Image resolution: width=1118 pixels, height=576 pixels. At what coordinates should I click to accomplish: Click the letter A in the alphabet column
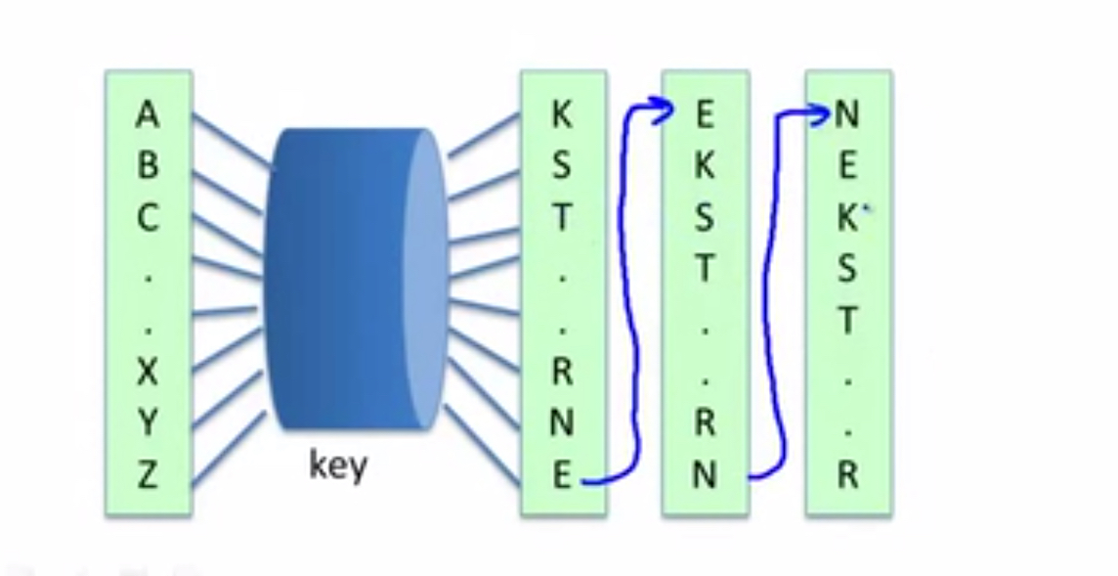[x=147, y=114]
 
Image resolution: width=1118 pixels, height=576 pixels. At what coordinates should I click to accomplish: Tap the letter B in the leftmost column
[x=147, y=165]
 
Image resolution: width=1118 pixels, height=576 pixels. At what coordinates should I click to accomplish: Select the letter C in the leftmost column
[x=147, y=217]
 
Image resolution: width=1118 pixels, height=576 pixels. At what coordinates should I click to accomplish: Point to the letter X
[x=147, y=372]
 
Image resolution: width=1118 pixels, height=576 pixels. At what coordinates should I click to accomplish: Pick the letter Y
[x=147, y=422]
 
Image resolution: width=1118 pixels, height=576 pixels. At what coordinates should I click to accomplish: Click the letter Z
[x=147, y=474]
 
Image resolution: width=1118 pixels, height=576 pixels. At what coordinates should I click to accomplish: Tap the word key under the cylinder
[x=339, y=466]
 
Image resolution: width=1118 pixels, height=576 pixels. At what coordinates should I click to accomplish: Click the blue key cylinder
[x=356, y=279]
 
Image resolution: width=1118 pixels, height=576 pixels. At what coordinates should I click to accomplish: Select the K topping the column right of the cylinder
[x=563, y=114]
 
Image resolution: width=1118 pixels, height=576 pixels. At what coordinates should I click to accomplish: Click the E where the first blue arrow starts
[x=563, y=474]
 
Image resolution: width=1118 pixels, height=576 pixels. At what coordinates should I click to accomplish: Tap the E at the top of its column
[x=705, y=114]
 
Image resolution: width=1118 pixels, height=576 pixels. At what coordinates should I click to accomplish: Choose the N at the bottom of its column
[x=705, y=474]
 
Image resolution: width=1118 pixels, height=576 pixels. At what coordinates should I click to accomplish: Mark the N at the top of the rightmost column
[x=847, y=114]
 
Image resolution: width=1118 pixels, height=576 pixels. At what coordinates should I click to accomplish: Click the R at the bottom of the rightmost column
[x=847, y=474]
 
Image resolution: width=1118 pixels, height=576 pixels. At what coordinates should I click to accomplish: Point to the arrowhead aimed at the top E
[x=662, y=110]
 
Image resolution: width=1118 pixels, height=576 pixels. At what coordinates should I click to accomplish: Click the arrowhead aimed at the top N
[x=819, y=112]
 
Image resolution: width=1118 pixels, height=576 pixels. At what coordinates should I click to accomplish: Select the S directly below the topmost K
[x=563, y=165]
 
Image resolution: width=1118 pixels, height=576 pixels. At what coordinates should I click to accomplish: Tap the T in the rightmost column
[x=847, y=320]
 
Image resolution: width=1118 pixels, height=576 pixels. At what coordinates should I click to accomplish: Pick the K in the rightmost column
[x=847, y=217]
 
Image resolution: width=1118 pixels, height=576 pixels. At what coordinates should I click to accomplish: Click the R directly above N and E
[x=563, y=372]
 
